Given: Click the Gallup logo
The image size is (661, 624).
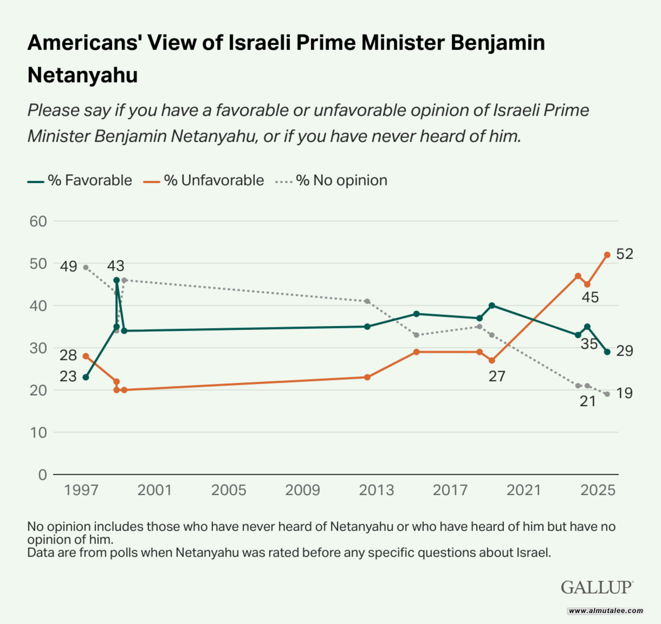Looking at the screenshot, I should pyautogui.click(x=597, y=587).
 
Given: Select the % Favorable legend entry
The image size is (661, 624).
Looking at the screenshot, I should pyautogui.click(x=80, y=180).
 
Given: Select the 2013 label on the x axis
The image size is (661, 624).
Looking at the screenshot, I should pyautogui.click(x=376, y=491).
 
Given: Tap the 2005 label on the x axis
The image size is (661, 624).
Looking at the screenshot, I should pyautogui.click(x=228, y=491).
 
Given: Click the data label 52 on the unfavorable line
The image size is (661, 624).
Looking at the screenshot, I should pyautogui.click(x=625, y=254).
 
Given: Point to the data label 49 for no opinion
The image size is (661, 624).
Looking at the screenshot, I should pyautogui.click(x=69, y=266).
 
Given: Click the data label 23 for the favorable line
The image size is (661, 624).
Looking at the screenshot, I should pyautogui.click(x=68, y=376).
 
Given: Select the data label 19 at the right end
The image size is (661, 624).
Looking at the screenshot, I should pyautogui.click(x=624, y=393).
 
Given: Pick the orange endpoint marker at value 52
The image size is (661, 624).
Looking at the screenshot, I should pyautogui.click(x=607, y=255).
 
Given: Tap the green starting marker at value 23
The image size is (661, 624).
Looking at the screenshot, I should pyautogui.click(x=86, y=377).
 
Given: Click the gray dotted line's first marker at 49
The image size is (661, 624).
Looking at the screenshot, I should pyautogui.click(x=86, y=268).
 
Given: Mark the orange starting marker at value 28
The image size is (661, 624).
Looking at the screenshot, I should pyautogui.click(x=86, y=356).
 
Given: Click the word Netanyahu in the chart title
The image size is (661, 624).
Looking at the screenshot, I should pyautogui.click(x=83, y=75).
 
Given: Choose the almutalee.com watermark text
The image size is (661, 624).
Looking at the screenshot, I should pyautogui.click(x=606, y=611).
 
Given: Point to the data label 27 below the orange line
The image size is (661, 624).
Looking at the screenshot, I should pyautogui.click(x=497, y=377).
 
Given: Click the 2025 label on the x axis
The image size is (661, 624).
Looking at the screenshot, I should pyautogui.click(x=597, y=491).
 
